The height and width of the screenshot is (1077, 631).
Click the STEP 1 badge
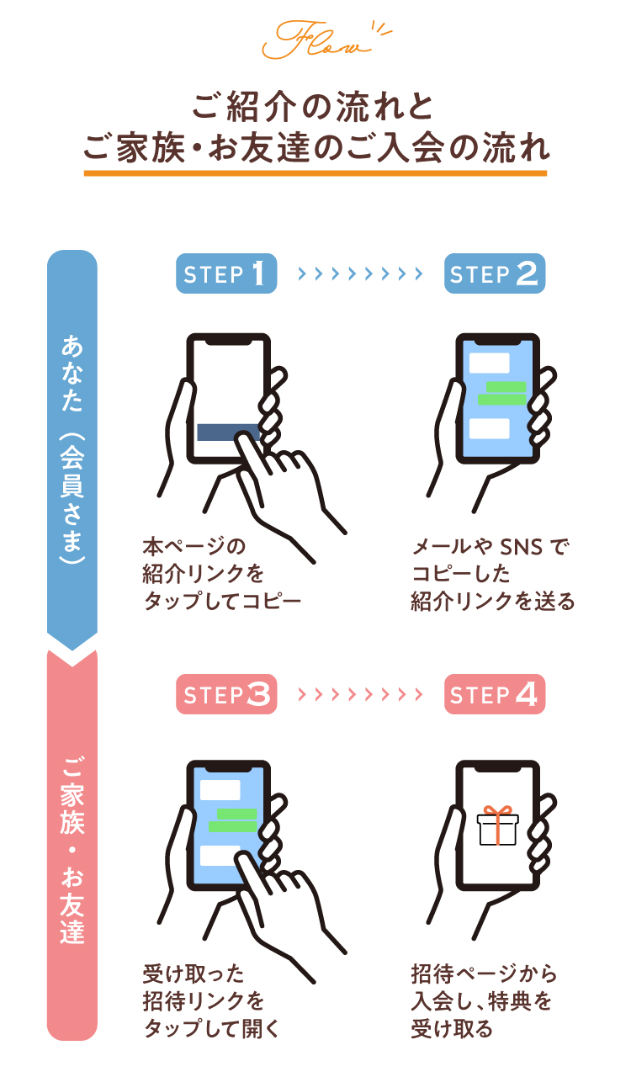coord(225,273)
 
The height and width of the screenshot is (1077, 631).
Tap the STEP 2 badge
coord(495,273)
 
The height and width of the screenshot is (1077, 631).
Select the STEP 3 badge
coord(225,695)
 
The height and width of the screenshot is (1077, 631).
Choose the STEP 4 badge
coord(495,695)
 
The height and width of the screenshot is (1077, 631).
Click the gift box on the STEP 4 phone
coord(498,825)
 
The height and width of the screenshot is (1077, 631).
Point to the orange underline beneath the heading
coord(315,173)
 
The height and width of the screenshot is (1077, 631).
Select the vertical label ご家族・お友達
coord(72,850)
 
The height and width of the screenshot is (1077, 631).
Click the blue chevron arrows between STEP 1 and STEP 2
coord(360,273)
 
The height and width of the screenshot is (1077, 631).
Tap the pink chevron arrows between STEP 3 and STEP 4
coord(360,695)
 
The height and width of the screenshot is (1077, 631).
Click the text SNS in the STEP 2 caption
coord(523,548)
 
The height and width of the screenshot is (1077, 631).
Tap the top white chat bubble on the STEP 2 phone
coord(489,363)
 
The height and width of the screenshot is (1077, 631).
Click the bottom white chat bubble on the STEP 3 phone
coord(220,855)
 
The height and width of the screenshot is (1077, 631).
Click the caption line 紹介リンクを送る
coord(493,602)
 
